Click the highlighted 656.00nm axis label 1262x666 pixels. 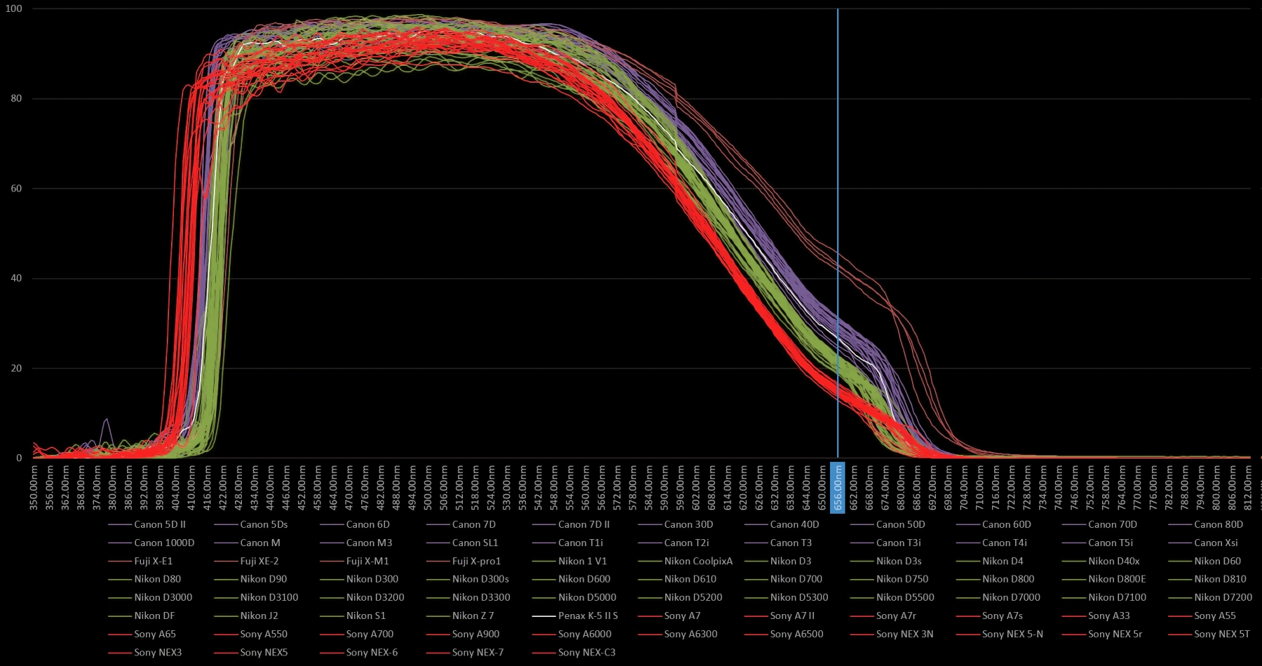(837, 487)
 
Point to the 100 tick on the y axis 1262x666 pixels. (14, 8)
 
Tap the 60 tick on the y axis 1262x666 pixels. (16, 189)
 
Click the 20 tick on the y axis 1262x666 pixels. (16, 368)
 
